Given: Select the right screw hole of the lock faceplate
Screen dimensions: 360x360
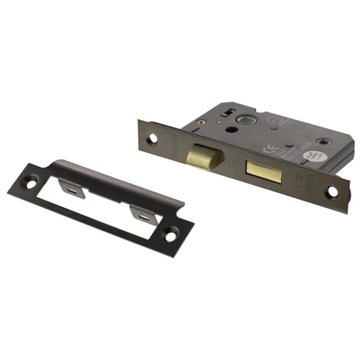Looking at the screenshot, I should pyautogui.click(x=333, y=192).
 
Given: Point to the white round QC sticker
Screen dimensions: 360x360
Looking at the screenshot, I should pyautogui.click(x=310, y=157).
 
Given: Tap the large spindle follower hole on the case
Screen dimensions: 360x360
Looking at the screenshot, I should pyautogui.click(x=244, y=120).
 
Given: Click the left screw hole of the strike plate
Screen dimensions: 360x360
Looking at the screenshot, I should pyautogui.click(x=30, y=184).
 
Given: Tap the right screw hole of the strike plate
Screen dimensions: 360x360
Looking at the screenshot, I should pyautogui.click(x=171, y=234).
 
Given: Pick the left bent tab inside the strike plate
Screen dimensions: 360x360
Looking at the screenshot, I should pyautogui.click(x=72, y=188).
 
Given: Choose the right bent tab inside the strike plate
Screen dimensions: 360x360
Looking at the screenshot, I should pyautogui.click(x=144, y=215).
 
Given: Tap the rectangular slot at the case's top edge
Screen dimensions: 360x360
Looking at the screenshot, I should pyautogui.click(x=229, y=110).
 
